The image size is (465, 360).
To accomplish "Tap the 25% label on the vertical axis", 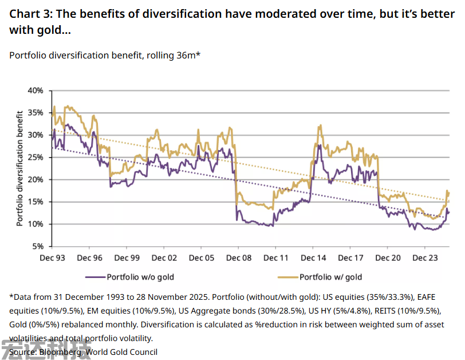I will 37,158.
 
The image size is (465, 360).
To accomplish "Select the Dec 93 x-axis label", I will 52,258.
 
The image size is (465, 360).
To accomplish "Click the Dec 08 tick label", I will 239,258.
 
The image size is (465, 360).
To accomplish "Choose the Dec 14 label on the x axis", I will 314,258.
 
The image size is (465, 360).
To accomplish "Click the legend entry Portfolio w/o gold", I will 140,277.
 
